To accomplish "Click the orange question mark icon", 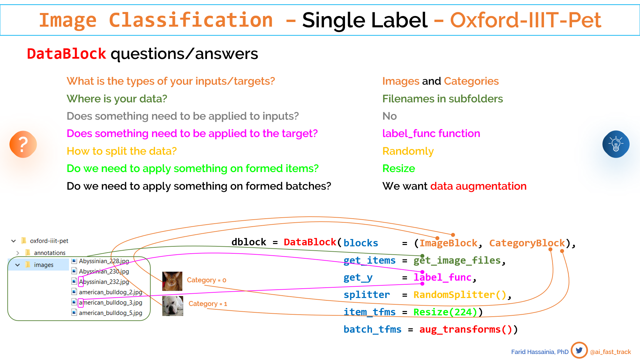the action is (x=23, y=144).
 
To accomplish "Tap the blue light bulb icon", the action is (x=616, y=144).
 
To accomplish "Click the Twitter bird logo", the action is (x=579, y=350).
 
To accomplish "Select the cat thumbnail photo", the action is (x=172, y=281).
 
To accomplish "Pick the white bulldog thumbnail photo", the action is (x=173, y=306).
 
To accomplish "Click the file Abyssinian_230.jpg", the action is (x=104, y=271).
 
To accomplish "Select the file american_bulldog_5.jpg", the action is (x=110, y=313).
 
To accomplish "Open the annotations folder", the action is (x=50, y=253).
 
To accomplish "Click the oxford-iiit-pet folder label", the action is (x=49, y=241).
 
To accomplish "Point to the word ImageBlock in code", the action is (x=448, y=243).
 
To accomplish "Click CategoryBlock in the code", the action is (x=527, y=243).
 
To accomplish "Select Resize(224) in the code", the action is (x=446, y=312).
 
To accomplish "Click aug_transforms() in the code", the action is (x=466, y=329).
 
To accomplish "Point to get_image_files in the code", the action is (x=457, y=260).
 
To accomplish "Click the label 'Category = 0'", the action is (x=206, y=280).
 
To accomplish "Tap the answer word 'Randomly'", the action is (x=408, y=151).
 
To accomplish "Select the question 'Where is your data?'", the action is (x=117, y=99).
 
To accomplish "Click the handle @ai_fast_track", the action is (x=610, y=352).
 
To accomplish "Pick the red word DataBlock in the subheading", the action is (x=66, y=54).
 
